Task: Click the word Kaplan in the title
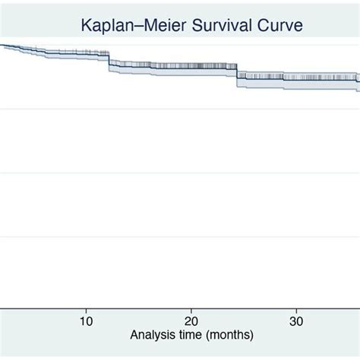pyautogui.click(x=106, y=27)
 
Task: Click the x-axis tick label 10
pyautogui.click(x=86, y=320)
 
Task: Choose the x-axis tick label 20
pyautogui.click(x=191, y=320)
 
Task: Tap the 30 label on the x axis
pyautogui.click(x=297, y=320)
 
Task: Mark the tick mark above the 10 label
pyautogui.click(x=86, y=307)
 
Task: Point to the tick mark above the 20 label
pyautogui.click(x=191, y=307)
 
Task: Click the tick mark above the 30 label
pyautogui.click(x=297, y=307)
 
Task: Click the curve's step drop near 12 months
pyautogui.click(x=109, y=59)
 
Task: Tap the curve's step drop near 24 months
pyautogui.click(x=237, y=72)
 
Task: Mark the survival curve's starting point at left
pyautogui.click(x=2, y=45)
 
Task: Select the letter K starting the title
pyautogui.click(x=86, y=27)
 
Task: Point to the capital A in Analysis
pyautogui.click(x=134, y=335)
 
